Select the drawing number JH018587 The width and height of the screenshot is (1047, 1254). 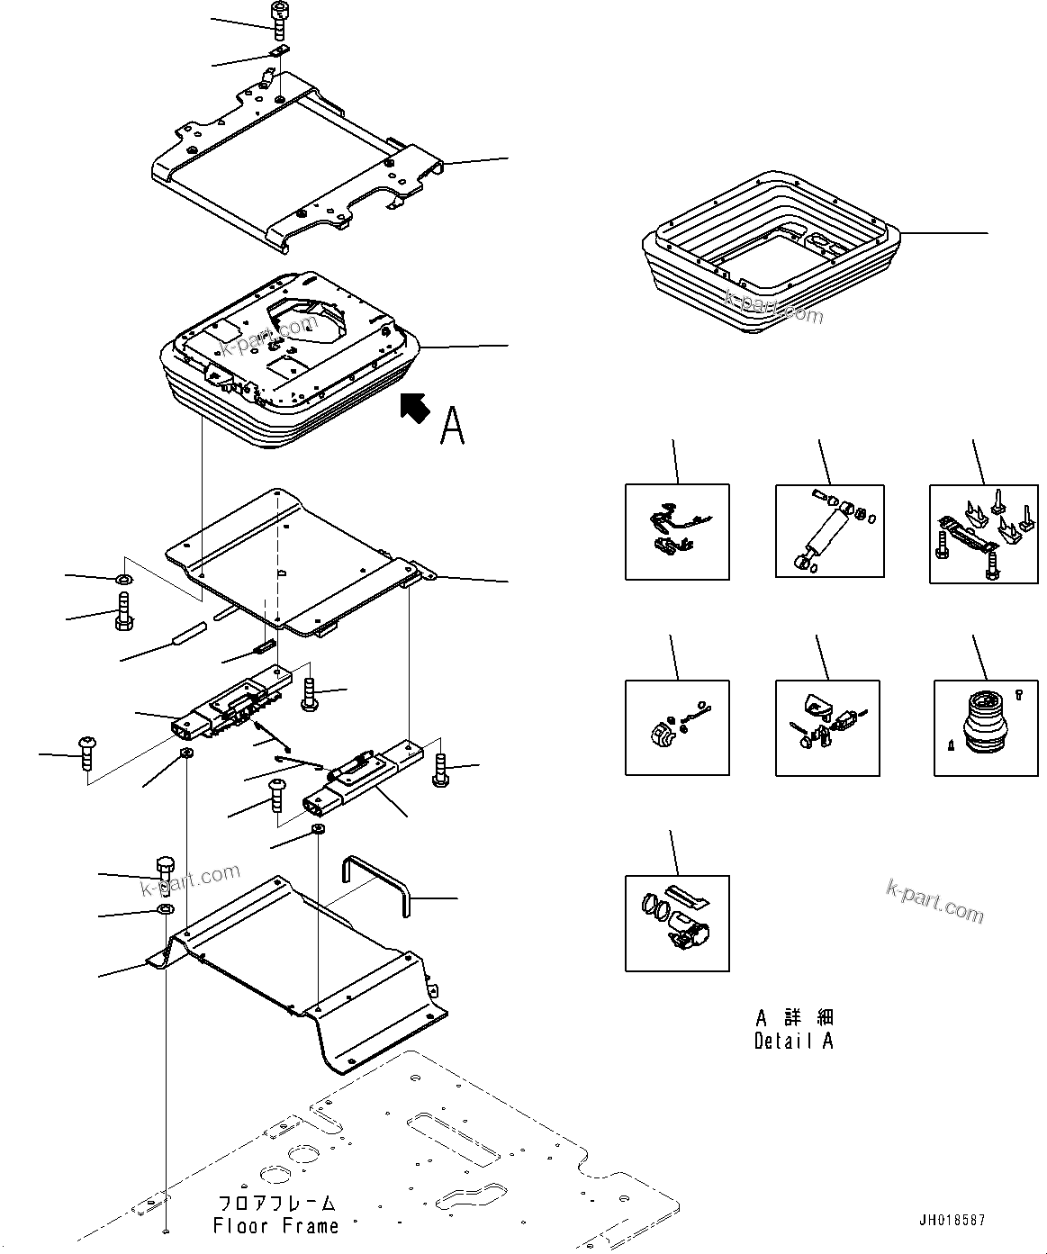pyautogui.click(x=952, y=1220)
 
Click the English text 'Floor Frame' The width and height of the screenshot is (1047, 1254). pyautogui.click(x=276, y=1225)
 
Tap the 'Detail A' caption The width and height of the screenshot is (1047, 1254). pyautogui.click(x=793, y=1041)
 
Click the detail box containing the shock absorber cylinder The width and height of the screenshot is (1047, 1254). pyautogui.click(x=829, y=531)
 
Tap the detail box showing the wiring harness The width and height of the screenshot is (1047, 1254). pyautogui.click(x=677, y=531)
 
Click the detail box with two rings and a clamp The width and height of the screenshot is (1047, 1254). pyautogui.click(x=677, y=923)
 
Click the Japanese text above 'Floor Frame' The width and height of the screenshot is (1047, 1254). pyautogui.click(x=276, y=1203)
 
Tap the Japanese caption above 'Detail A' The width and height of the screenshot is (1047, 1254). pyautogui.click(x=794, y=1017)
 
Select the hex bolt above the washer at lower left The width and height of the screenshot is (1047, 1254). pyautogui.click(x=166, y=871)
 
